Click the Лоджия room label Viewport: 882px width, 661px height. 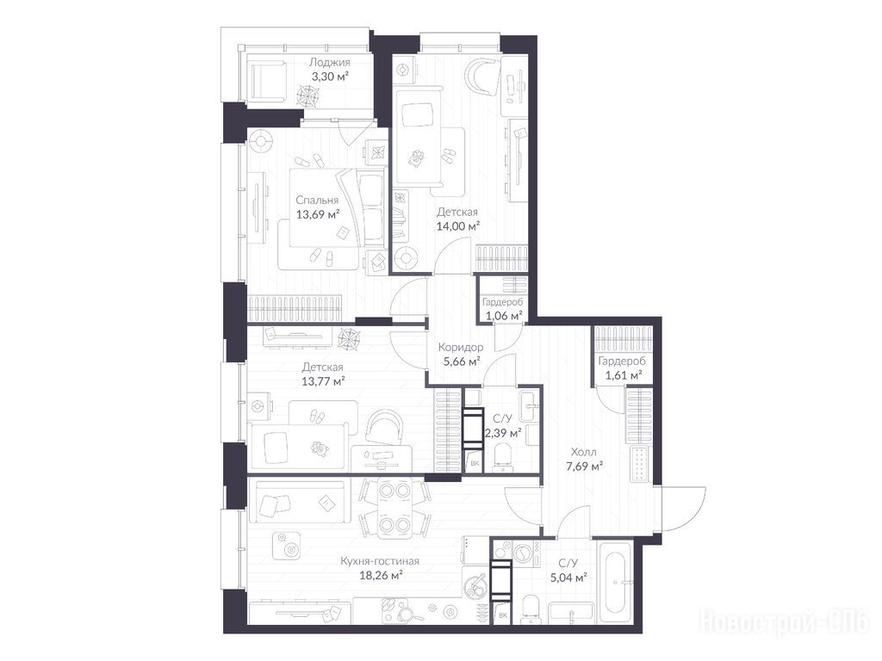tap(330, 62)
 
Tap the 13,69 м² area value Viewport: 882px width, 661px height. tap(318, 214)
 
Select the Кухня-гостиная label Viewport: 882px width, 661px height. tap(380, 561)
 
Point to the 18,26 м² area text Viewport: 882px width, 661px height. tap(381, 575)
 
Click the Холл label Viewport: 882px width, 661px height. tap(584, 452)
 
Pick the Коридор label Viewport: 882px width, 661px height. tap(461, 348)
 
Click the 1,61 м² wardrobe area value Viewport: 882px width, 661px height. tap(624, 375)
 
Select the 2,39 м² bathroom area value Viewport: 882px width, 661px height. tap(503, 433)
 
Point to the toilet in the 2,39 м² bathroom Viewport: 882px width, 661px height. tap(501, 456)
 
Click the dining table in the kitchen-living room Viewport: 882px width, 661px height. tap(393, 508)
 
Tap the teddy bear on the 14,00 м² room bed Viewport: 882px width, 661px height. tap(417, 158)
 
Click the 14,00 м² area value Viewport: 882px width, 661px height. tap(458, 226)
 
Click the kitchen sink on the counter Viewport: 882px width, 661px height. tap(476, 585)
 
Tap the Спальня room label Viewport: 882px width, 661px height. tap(317, 200)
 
